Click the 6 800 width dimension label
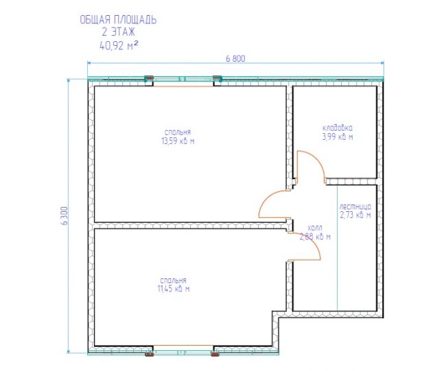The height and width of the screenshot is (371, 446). tap(235, 58)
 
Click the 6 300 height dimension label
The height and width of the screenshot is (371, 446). tap(65, 216)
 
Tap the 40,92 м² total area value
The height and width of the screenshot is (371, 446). tap(119, 45)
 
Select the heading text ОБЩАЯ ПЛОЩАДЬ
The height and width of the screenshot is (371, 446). tap(118, 20)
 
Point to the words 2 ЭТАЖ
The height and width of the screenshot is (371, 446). tap(118, 32)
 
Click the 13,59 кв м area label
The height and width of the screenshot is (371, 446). tap(178, 141)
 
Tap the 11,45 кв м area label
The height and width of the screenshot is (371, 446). tap(174, 289)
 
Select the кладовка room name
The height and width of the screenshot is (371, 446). tap(338, 128)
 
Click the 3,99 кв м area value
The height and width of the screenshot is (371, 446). tap(338, 137)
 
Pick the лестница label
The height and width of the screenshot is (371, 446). tap(355, 206)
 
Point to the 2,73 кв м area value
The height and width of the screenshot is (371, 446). tap(355, 215)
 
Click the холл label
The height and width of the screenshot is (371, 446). tap(315, 228)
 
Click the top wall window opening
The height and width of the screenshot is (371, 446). tap(183, 80)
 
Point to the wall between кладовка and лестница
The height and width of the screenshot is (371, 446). tap(351, 181)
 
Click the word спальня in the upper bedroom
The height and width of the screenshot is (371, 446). tap(178, 132)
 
